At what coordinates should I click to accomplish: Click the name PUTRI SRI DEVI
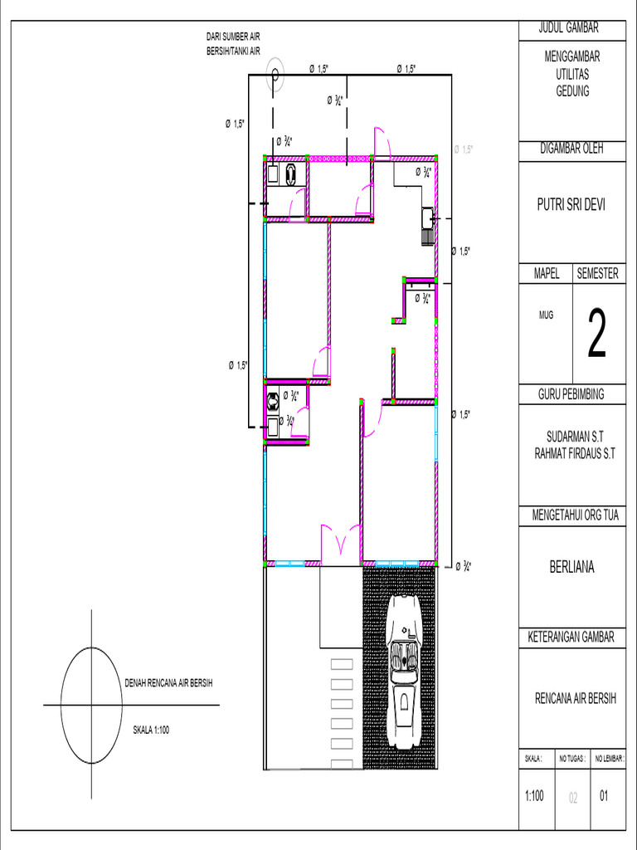tap(571, 205)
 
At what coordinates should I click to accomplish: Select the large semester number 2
tap(597, 334)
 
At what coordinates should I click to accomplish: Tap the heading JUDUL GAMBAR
tap(571, 28)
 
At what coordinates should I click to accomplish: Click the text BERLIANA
tap(571, 568)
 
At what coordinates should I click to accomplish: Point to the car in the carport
tap(405, 672)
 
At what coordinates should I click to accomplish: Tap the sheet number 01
tap(604, 796)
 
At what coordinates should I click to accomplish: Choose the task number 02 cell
tap(572, 798)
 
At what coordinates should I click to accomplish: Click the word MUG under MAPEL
tap(546, 315)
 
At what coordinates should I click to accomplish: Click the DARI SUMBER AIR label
tap(233, 37)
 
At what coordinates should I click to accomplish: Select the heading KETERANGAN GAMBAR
tap(571, 637)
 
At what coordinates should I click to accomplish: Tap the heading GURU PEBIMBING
tap(571, 394)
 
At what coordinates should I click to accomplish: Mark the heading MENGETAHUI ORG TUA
tap(571, 515)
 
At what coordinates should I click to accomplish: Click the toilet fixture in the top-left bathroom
tap(291, 173)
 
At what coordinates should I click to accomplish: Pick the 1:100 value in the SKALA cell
tap(535, 796)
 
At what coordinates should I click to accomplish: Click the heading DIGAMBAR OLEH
tap(571, 149)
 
